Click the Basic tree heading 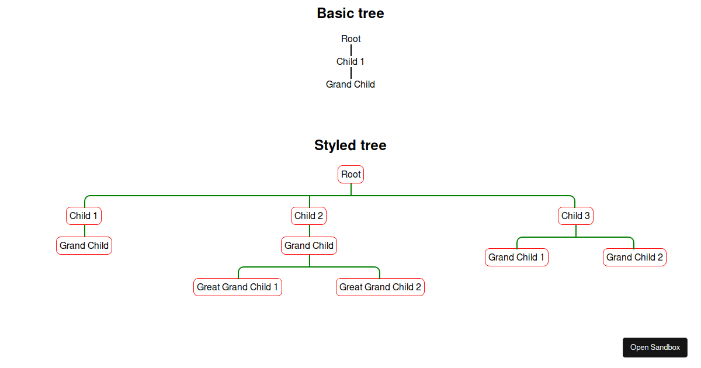click(350, 13)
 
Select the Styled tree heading click(350, 145)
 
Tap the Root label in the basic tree click(351, 39)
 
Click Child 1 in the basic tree click(350, 61)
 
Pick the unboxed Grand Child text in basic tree click(350, 84)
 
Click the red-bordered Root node click(351, 174)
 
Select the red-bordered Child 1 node click(84, 216)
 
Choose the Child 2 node click(309, 216)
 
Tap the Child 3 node click(575, 216)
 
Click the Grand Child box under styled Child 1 click(84, 245)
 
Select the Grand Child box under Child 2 click(309, 245)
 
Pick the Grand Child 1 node click(516, 257)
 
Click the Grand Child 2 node click(634, 257)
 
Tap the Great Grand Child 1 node click(238, 287)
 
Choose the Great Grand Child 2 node click(380, 287)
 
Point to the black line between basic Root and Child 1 click(351, 50)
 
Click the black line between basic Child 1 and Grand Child click(351, 72)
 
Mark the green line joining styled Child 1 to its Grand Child click(85, 231)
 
